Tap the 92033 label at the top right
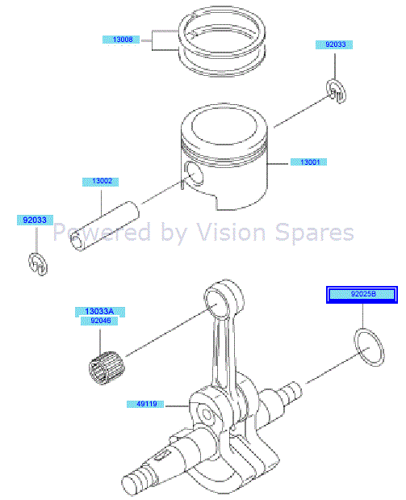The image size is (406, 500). [334, 45]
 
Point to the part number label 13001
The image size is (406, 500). [310, 162]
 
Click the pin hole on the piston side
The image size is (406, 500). [194, 172]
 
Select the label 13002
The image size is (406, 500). [101, 182]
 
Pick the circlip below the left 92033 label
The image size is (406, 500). [35, 263]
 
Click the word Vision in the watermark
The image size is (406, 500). [249, 233]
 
